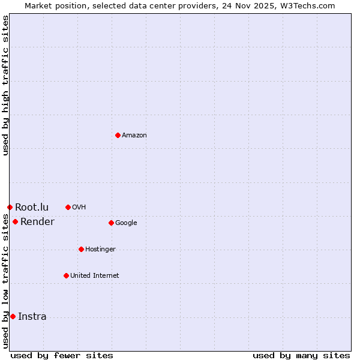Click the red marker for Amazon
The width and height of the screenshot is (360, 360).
[x=118, y=135]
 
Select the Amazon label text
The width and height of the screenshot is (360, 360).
[x=134, y=136]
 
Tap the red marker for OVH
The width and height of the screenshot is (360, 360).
[x=68, y=207]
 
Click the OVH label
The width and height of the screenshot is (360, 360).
[x=79, y=208]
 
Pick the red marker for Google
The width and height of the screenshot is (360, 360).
[x=111, y=223]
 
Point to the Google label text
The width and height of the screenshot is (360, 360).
[x=126, y=223]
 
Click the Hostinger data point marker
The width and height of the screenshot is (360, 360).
[x=81, y=249]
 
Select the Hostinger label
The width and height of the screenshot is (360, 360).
[x=100, y=250]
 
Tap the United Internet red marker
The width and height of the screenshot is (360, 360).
[x=66, y=275]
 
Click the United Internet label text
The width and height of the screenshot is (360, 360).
[x=95, y=276]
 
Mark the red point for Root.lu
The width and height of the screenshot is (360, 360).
[x=10, y=207]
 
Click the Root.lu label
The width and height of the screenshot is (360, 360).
[x=32, y=208]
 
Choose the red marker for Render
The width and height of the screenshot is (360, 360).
[x=15, y=221]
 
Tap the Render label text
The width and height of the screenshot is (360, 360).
[x=37, y=222]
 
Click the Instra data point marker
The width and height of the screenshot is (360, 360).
[x=13, y=316]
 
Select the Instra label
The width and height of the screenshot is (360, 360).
[x=32, y=317]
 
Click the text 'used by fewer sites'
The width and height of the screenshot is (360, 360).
[x=62, y=356]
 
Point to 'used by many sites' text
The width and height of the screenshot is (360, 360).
[x=301, y=356]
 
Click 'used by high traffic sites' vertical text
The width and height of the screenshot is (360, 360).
[x=5, y=85]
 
